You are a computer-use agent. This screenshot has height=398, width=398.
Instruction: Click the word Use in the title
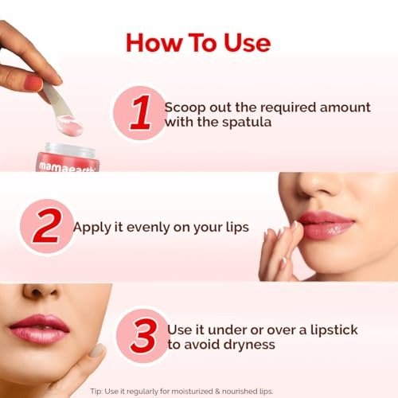(248, 43)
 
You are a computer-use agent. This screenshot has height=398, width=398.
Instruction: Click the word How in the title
(153, 43)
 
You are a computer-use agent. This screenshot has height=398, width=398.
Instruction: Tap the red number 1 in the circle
(141, 113)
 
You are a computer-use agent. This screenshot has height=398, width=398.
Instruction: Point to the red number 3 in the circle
(144, 336)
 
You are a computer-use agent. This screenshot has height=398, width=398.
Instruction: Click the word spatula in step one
(247, 123)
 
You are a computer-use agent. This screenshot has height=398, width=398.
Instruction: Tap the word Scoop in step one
(185, 107)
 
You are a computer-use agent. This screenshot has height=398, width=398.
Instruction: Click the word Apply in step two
(91, 228)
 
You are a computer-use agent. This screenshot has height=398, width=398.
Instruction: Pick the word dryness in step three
(249, 345)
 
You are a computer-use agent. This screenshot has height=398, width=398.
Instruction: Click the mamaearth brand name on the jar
(67, 167)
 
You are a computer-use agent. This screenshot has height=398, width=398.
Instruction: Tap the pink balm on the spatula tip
(69, 125)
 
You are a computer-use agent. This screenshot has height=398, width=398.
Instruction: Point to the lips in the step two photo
(326, 225)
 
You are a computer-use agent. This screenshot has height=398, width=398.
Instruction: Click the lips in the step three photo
(39, 329)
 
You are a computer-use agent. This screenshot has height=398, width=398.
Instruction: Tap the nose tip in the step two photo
(316, 185)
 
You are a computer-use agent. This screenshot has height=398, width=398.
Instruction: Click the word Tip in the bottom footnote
(96, 392)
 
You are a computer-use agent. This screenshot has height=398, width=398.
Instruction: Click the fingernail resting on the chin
(97, 350)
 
